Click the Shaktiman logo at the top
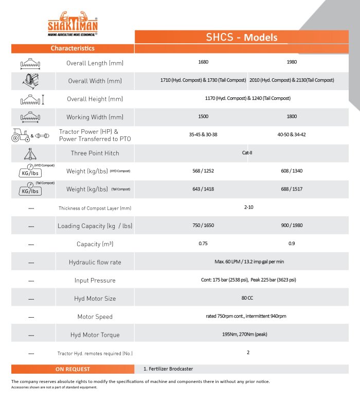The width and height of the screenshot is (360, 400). (x=72, y=23)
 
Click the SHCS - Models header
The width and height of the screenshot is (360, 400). (x=241, y=38)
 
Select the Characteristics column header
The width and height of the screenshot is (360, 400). (x=72, y=48)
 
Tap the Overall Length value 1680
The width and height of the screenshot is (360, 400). (x=203, y=62)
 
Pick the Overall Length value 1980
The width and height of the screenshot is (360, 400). (x=292, y=62)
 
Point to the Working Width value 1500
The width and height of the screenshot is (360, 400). (x=203, y=117)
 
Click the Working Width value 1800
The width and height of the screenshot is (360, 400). (x=292, y=117)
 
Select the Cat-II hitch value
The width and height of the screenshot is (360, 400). (x=247, y=153)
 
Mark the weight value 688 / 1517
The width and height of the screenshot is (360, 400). (x=292, y=189)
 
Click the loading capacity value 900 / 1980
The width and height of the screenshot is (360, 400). (x=292, y=226)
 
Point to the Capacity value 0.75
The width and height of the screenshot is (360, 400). (x=203, y=244)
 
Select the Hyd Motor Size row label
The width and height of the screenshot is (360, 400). (x=95, y=299)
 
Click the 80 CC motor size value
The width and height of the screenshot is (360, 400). (x=247, y=298)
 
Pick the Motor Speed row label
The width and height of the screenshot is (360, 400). (x=95, y=317)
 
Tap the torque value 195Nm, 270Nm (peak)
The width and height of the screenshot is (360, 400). (x=247, y=335)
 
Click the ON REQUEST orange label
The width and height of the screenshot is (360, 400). (x=73, y=369)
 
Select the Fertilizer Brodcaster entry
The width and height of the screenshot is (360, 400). (x=168, y=369)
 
